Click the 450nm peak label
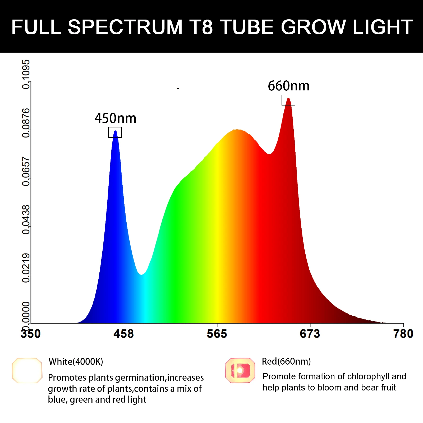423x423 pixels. pyautogui.click(x=116, y=118)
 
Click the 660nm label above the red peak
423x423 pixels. pyautogui.click(x=288, y=86)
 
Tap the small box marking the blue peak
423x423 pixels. pyautogui.click(x=115, y=132)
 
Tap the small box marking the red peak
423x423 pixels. pyautogui.click(x=288, y=100)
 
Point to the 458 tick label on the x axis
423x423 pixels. pyautogui.click(x=123, y=334)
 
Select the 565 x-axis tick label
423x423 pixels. pyautogui.click(x=217, y=334)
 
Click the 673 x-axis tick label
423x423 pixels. pyautogui.click(x=310, y=334)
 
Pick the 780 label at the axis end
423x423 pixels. pyautogui.click(x=403, y=334)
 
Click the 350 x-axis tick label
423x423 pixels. pyautogui.click(x=31, y=334)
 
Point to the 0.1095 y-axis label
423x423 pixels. pyautogui.click(x=26, y=74)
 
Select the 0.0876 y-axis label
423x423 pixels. pyautogui.click(x=26, y=123)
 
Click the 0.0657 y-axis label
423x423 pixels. pyautogui.click(x=26, y=171)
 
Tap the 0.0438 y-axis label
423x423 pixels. pyautogui.click(x=26, y=220)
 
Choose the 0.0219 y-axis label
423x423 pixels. pyautogui.click(x=26, y=268)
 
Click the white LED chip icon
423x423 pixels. pyautogui.click(x=27, y=370)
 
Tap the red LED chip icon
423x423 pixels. pyautogui.click(x=240, y=370)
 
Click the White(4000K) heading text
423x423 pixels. pyautogui.click(x=76, y=362)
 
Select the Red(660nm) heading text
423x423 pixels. pyautogui.click(x=286, y=361)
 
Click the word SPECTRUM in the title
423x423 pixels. pyautogui.click(x=125, y=27)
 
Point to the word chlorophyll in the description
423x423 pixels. pyautogui.click(x=369, y=376)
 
